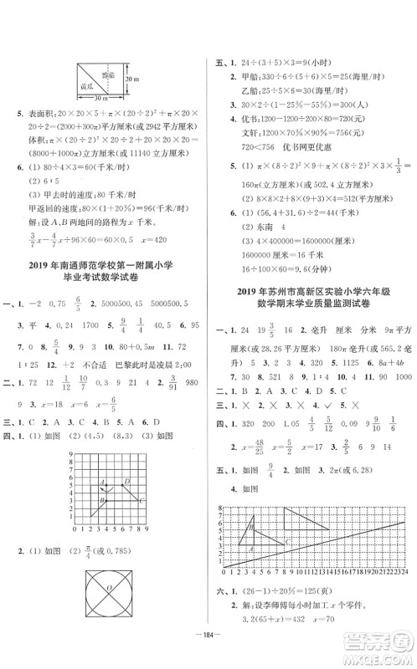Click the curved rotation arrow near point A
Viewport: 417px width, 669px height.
101,486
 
